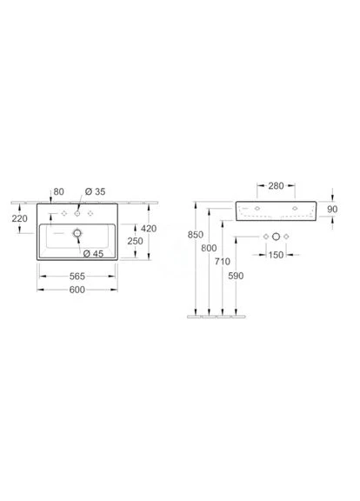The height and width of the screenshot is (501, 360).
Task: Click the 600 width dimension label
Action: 77,290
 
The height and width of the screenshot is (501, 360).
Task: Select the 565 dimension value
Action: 77,276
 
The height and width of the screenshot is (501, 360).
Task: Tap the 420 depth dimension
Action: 149,229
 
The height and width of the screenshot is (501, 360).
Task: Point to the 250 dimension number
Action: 135,241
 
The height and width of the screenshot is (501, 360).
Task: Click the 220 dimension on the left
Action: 19,218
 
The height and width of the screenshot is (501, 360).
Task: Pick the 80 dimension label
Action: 59,191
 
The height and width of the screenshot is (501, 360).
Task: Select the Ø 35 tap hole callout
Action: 95,191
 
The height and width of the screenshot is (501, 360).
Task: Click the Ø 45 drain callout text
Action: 93,254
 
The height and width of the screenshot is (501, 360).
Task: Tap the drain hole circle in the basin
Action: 77,233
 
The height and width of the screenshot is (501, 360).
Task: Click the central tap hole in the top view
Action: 77,213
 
